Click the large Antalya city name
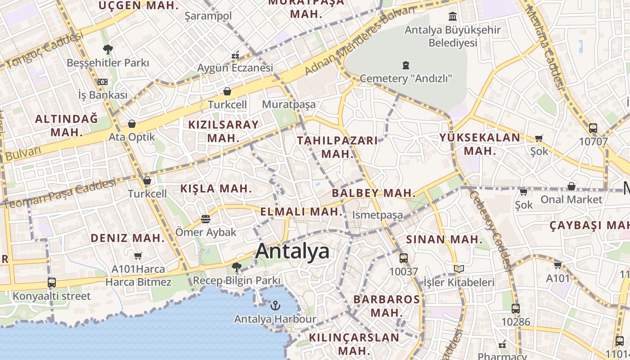coord(292,251)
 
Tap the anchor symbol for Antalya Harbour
coord(275,306)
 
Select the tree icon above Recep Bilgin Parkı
coord(236,267)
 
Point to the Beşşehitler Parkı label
coord(108,63)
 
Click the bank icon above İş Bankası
coord(103,82)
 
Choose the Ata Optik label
coord(132,137)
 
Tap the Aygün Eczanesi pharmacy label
coord(235,68)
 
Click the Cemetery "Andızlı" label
coord(406,78)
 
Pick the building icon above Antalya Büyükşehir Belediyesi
coord(453,17)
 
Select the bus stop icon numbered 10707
coord(593,128)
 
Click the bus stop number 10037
coord(404,271)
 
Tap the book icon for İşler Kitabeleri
coord(459,269)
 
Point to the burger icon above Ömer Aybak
coord(206,219)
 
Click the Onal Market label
coord(571,199)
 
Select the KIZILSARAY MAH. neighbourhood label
coord(224,131)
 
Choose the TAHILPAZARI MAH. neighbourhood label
coord(337,147)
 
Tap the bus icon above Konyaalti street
coord(52,283)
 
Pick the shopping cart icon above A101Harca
coord(138,256)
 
